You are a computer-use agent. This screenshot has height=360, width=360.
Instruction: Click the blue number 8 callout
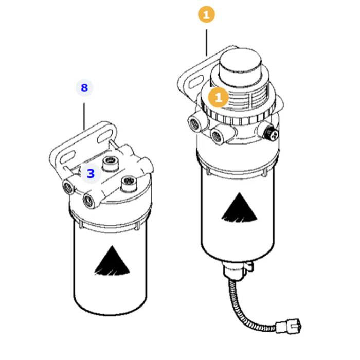pos(84,88)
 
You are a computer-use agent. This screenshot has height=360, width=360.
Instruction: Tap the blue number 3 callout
pos(91,174)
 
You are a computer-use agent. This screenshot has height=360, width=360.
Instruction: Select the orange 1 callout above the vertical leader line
pos(206,14)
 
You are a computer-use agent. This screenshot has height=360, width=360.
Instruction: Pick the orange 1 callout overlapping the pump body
pos(218,97)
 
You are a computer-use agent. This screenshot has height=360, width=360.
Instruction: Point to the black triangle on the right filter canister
pos(240,207)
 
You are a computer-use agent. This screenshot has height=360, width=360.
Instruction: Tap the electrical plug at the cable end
pos(289,326)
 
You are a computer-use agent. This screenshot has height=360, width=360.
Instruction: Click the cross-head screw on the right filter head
pos(271,133)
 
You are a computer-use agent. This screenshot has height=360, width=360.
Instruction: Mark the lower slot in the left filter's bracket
pos(67,157)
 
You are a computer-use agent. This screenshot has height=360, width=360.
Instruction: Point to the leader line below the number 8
pos(84,116)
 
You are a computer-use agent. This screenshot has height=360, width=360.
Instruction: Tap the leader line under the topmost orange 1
pos(206,43)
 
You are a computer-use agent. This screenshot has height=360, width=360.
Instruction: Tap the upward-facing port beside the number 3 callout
pos(111,163)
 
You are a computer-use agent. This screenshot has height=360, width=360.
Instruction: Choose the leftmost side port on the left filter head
pos(68,187)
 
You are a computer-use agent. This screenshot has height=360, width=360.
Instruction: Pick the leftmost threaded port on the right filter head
pos(195,123)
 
